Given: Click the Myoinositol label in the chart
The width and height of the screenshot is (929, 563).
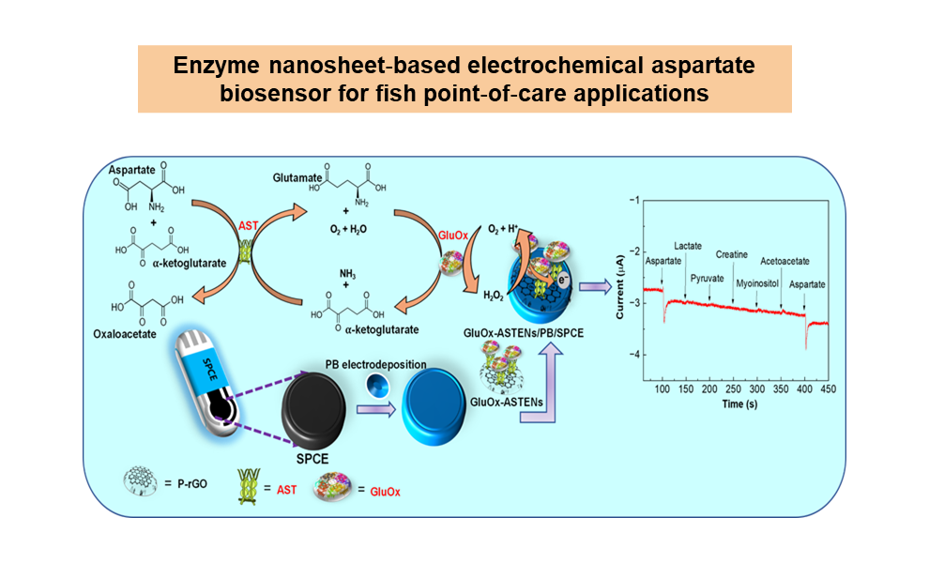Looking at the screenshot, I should tap(757, 280).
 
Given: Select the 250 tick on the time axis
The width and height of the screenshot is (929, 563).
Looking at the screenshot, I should tap(732, 388).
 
